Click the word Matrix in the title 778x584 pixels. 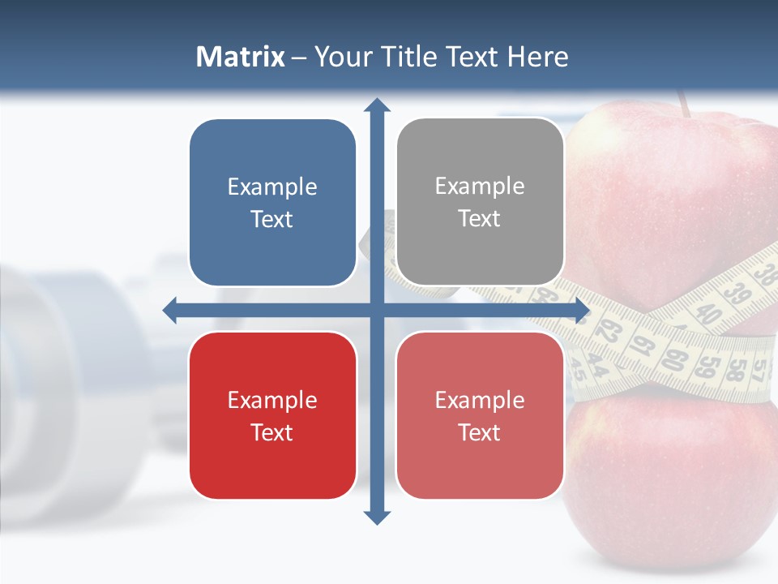pyautogui.click(x=240, y=57)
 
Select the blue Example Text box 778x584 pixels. pyautogui.click(x=272, y=203)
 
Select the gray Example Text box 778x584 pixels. pyautogui.click(x=480, y=202)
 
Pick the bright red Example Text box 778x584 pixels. pyautogui.click(x=272, y=415)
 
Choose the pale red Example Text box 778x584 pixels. pyautogui.click(x=480, y=415)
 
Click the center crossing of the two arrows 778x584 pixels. pyautogui.click(x=377, y=310)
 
